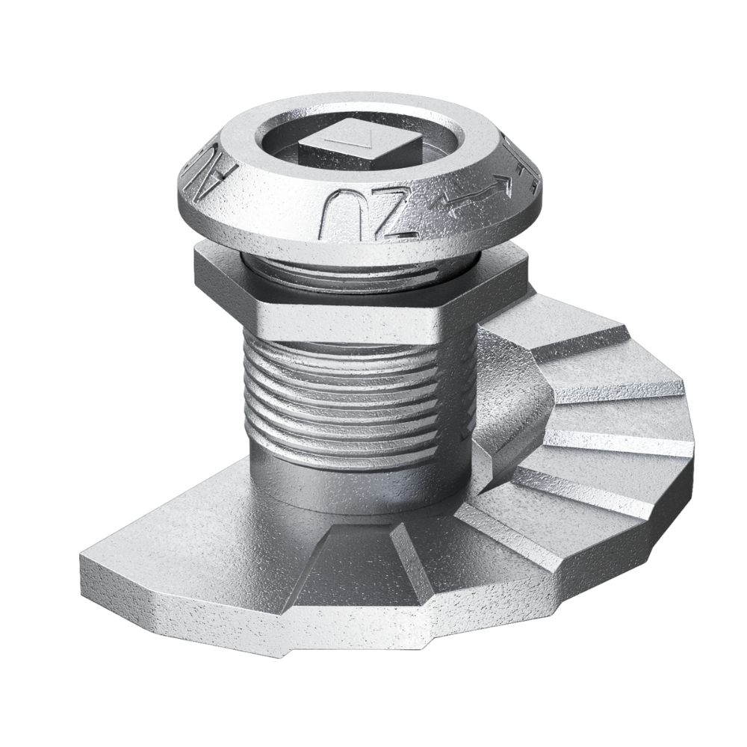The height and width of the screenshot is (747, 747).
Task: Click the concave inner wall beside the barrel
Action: click(x=508, y=403)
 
